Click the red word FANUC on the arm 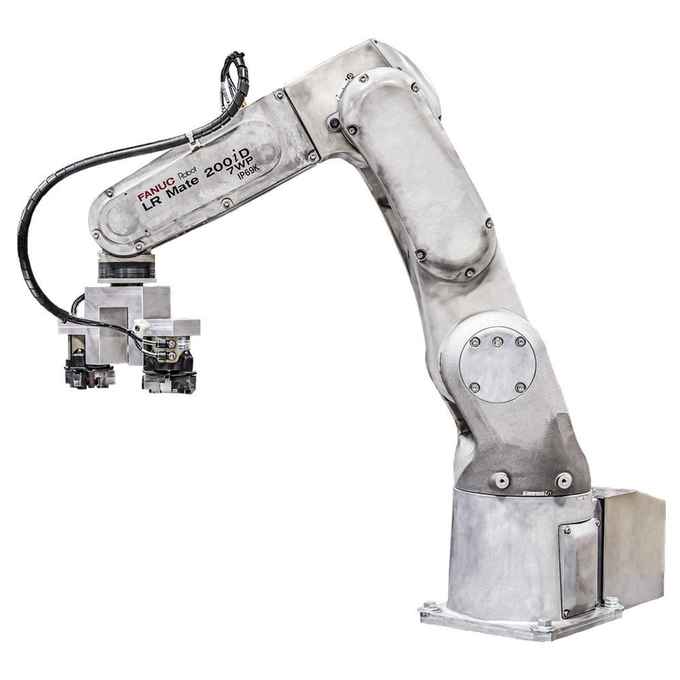point(155,194)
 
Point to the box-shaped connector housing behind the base point(632,544)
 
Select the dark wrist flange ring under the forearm point(127,267)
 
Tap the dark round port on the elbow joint point(334,122)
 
